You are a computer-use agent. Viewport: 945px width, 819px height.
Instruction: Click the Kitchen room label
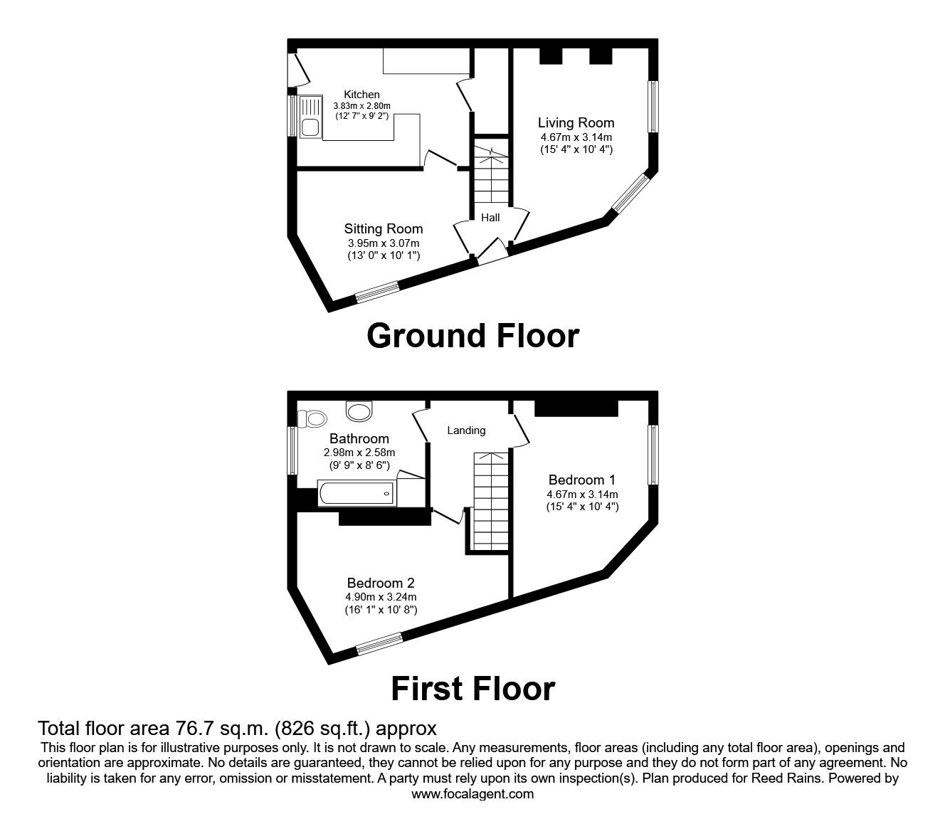click(361, 95)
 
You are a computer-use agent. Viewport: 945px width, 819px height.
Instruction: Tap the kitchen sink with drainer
click(312, 117)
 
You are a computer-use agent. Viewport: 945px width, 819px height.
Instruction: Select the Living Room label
click(576, 122)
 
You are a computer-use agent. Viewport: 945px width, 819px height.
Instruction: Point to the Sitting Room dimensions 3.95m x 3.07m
click(384, 243)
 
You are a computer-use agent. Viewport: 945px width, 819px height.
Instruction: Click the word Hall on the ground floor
click(490, 218)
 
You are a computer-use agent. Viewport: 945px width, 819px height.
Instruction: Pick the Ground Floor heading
click(473, 336)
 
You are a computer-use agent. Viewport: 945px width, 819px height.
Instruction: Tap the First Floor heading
click(473, 689)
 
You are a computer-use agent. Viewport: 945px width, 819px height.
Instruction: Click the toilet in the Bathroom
click(312, 418)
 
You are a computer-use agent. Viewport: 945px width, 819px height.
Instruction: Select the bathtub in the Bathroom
click(357, 493)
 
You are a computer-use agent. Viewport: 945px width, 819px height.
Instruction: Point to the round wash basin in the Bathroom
click(359, 411)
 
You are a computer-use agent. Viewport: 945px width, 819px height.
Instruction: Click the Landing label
click(466, 430)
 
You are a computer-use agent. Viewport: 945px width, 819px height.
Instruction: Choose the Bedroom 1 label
click(582, 480)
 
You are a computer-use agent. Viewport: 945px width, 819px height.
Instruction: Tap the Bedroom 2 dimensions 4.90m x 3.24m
click(381, 597)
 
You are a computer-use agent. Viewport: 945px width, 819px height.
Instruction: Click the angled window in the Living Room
click(631, 193)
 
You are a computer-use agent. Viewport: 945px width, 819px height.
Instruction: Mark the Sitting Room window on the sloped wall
click(378, 292)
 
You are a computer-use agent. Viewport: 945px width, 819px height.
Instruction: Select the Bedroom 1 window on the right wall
click(654, 455)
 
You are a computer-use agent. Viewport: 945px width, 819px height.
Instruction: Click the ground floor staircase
click(490, 174)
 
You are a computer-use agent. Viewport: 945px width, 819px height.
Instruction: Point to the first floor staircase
click(490, 501)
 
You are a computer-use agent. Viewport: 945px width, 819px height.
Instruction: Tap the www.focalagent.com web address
click(472, 794)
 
